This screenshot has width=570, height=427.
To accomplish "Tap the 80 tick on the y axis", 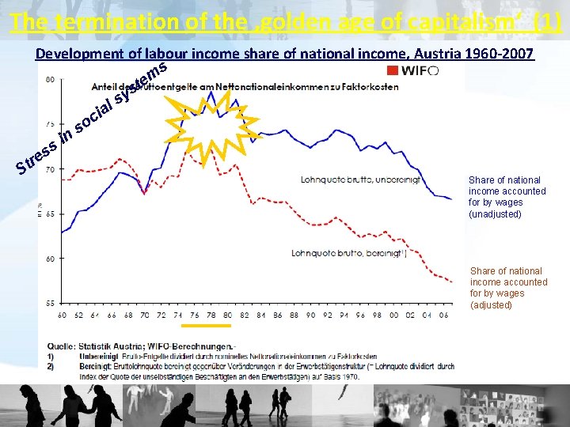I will [x=50, y=79].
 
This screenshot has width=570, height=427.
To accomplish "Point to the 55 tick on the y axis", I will [x=50, y=303].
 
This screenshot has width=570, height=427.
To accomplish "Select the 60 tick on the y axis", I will [x=50, y=259].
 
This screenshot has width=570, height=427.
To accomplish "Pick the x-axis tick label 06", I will [x=444, y=315].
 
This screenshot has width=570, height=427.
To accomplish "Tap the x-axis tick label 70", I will [x=144, y=315].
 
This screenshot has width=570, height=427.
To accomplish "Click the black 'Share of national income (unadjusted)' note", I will [x=507, y=197].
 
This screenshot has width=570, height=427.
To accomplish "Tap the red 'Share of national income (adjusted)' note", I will [x=508, y=288].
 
